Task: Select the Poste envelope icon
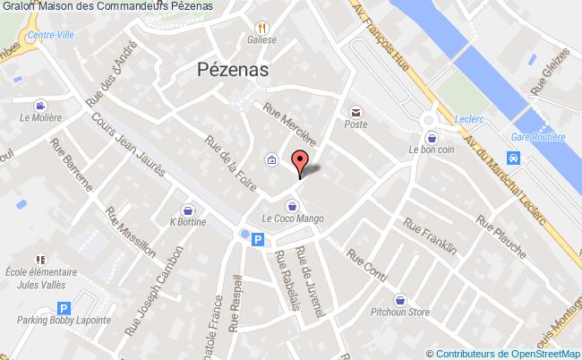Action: pos(357,113)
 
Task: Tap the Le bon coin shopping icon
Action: pos(433,138)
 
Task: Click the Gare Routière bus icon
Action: pos(513,158)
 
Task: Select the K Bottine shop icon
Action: pos(188,208)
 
